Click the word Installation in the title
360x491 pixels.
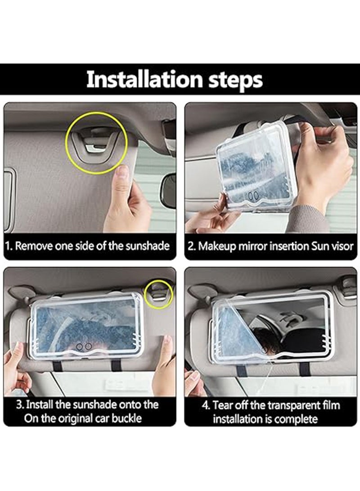(144, 80)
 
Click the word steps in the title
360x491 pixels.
(235, 81)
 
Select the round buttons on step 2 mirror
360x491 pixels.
(254, 196)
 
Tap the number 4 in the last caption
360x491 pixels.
(206, 405)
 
